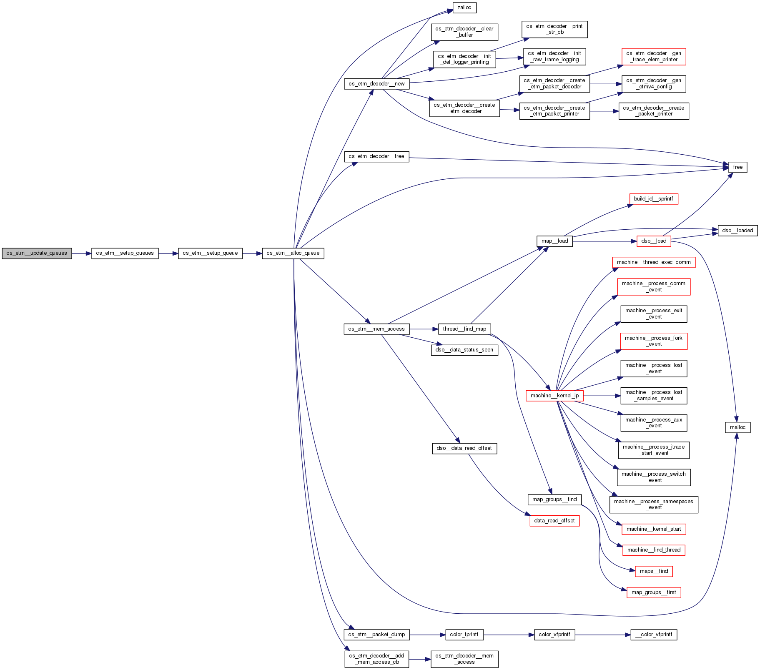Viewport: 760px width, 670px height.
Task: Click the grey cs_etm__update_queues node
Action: pyautogui.click(x=37, y=253)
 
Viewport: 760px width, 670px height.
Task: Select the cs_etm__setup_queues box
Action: pyautogui.click(x=125, y=253)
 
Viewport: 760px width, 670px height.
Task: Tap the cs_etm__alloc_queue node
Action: pyautogui.click(x=293, y=253)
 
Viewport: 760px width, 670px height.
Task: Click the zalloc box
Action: pyautogui.click(x=464, y=8)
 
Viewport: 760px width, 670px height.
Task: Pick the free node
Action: pyautogui.click(x=737, y=167)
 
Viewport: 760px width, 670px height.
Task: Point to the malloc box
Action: pyautogui.click(x=737, y=427)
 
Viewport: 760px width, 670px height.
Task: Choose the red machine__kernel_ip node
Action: pyautogui.click(x=554, y=396)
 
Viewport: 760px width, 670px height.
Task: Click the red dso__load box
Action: pyautogui.click(x=654, y=241)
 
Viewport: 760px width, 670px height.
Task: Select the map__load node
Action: pyautogui.click(x=554, y=241)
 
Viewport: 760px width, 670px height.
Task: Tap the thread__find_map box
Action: pyautogui.click(x=464, y=329)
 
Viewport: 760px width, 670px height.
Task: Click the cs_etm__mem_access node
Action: pyautogui.click(x=376, y=329)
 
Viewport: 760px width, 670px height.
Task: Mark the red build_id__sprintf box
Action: pyautogui.click(x=653, y=199)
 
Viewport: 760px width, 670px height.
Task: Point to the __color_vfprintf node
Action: pyautogui.click(x=654, y=635)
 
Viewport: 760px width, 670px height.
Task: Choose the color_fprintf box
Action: pyautogui.click(x=464, y=635)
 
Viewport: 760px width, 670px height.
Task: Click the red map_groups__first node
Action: pyautogui.click(x=654, y=592)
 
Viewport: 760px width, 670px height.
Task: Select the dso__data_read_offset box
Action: pyautogui.click(x=464, y=448)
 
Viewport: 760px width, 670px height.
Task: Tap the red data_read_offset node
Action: pyautogui.click(x=554, y=521)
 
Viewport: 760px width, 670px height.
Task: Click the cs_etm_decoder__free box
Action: pyautogui.click(x=376, y=156)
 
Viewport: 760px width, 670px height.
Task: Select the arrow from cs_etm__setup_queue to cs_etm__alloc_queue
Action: pyautogui.click(x=252, y=253)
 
